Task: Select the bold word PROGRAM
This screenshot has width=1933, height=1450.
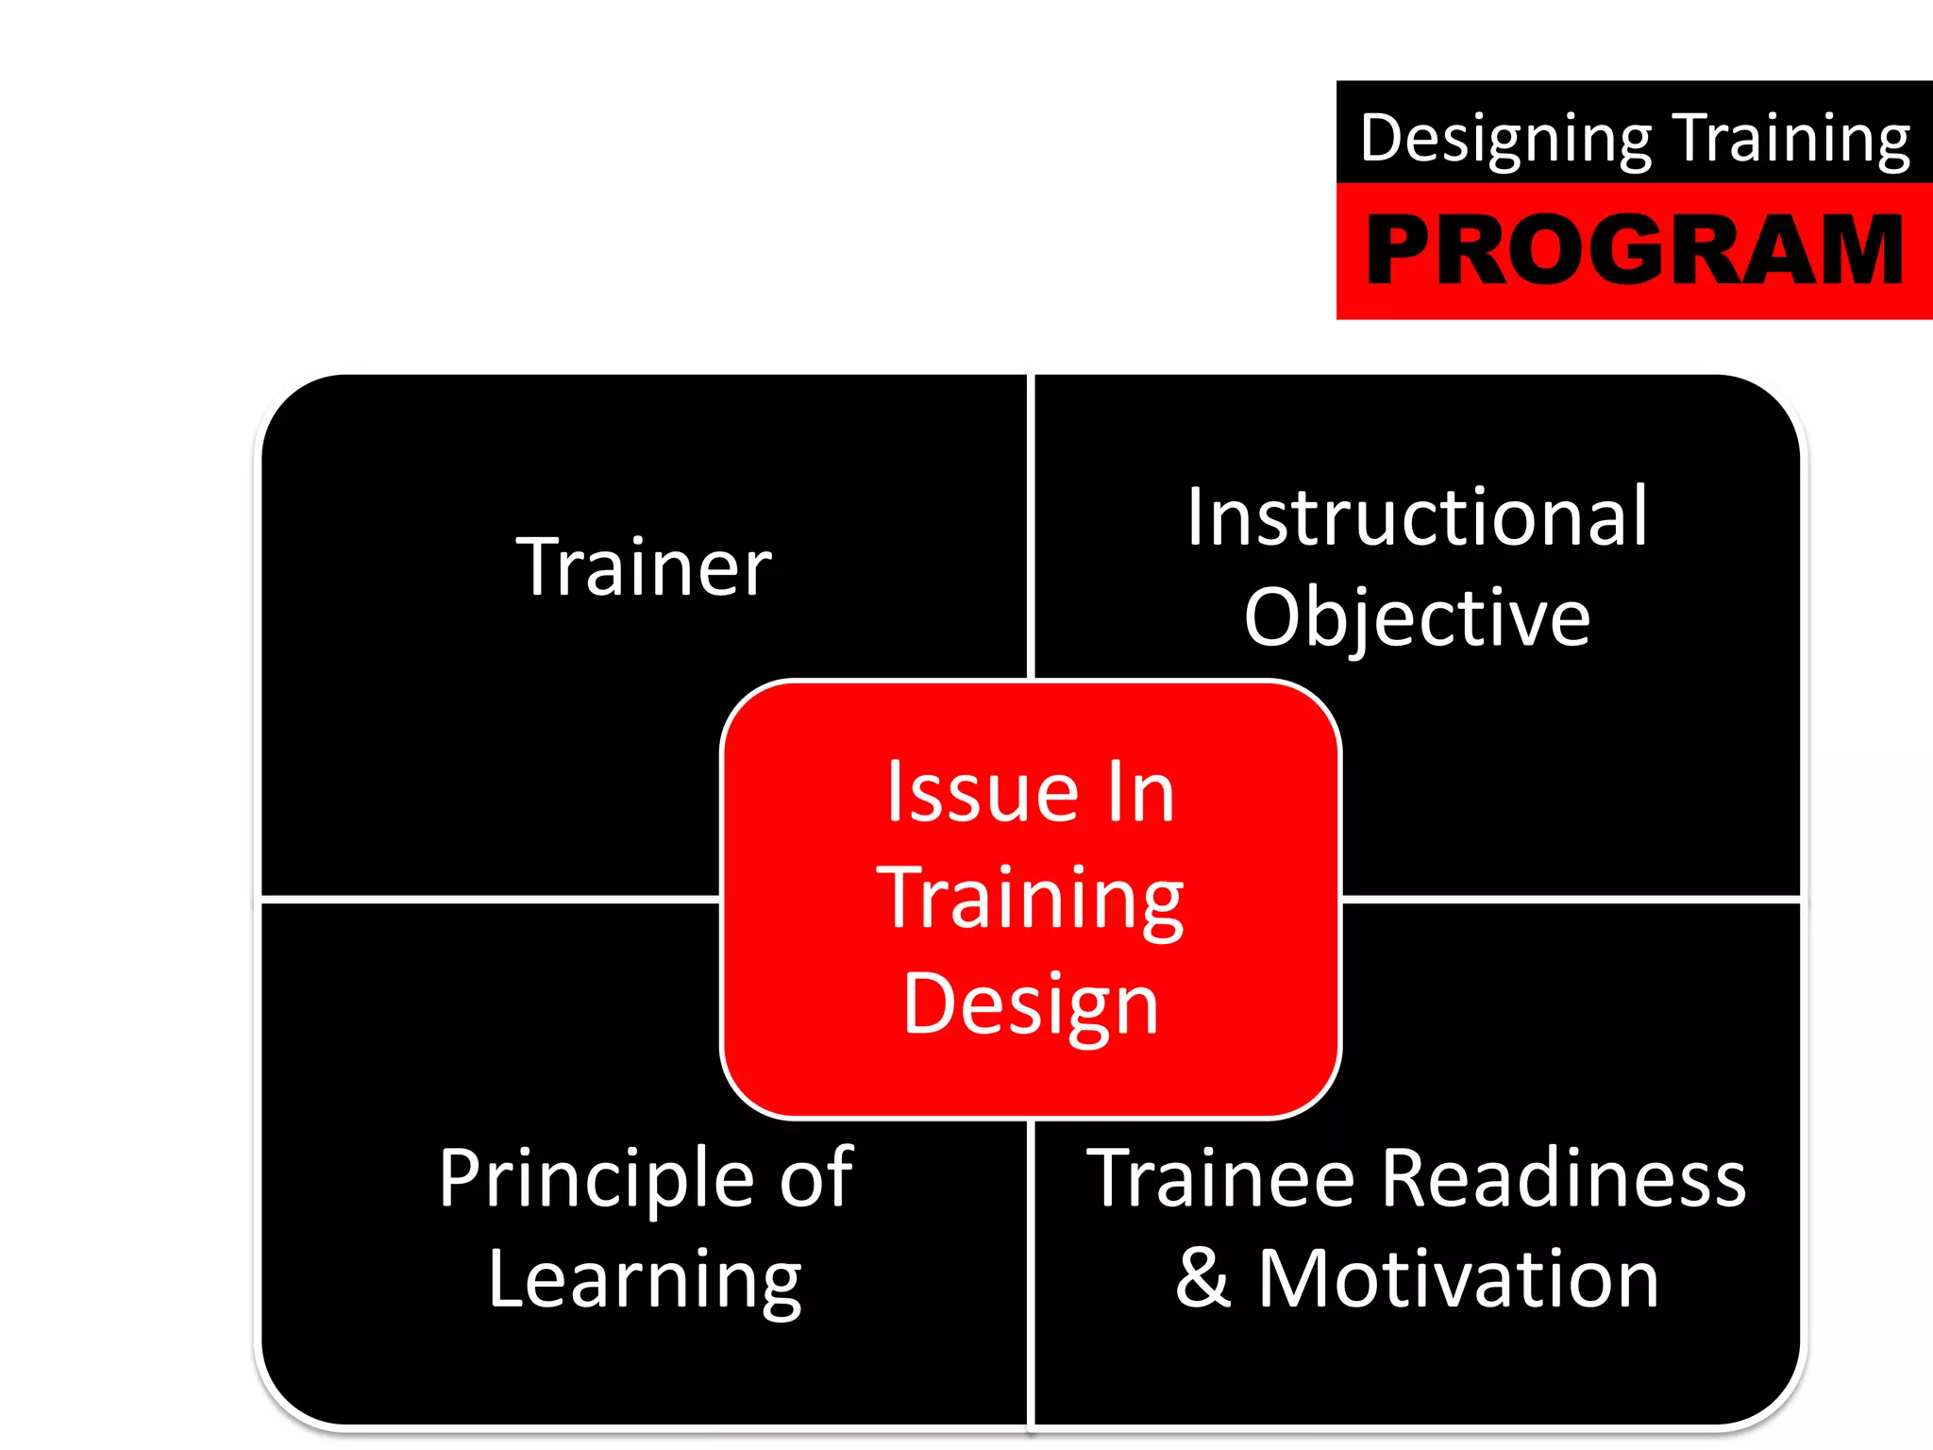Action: (1635, 249)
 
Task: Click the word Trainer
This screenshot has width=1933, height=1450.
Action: (644, 567)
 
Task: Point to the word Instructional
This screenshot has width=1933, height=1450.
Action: (1417, 517)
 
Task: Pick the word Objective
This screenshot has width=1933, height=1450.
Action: (1417, 618)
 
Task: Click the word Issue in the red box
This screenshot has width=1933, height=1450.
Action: (982, 792)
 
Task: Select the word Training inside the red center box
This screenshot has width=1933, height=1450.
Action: (1031, 899)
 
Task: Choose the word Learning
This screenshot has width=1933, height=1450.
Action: (645, 1281)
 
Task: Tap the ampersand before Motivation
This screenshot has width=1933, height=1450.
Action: (1203, 1279)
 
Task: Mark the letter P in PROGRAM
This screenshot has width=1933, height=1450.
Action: (1402, 249)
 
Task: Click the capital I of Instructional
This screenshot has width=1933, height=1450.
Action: (1196, 517)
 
